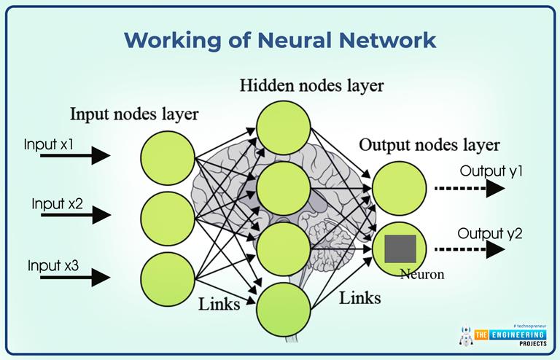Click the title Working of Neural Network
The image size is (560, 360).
pyautogui.click(x=280, y=39)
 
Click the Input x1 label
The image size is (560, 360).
pyautogui.click(x=48, y=144)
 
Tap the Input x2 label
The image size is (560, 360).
pyautogui.click(x=57, y=204)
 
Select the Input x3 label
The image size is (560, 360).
pyautogui.click(x=52, y=265)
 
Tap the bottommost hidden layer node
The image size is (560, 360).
pyautogui.click(x=283, y=308)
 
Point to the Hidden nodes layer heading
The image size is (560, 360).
pyautogui.click(x=312, y=86)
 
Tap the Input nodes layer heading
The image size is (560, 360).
pyautogui.click(x=134, y=114)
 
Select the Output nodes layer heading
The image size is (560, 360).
pyautogui.click(x=429, y=144)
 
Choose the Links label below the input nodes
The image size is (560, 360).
pyautogui.click(x=219, y=304)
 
